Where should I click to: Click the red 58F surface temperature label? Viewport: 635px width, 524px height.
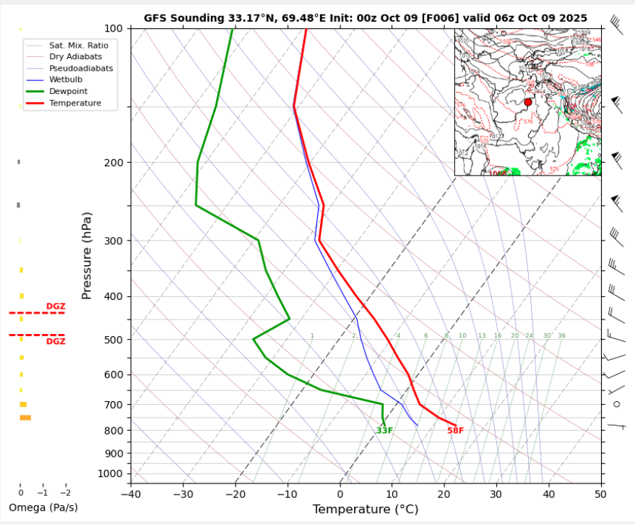(x=455, y=431)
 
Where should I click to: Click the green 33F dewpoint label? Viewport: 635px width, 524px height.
(x=384, y=431)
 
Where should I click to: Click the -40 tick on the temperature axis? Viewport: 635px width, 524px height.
(x=131, y=494)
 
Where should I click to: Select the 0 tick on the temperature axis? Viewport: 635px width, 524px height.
(x=340, y=494)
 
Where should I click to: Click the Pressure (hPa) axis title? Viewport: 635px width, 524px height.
(x=87, y=256)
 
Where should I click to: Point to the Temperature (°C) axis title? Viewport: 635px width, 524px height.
(x=365, y=510)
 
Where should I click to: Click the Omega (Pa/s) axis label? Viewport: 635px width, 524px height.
(x=43, y=507)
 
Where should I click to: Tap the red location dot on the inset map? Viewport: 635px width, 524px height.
(x=528, y=103)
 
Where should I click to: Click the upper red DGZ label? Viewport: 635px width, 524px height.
(x=56, y=306)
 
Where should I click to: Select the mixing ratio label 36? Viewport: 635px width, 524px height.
(x=561, y=336)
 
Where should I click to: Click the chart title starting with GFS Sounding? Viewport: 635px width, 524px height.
(x=365, y=17)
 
